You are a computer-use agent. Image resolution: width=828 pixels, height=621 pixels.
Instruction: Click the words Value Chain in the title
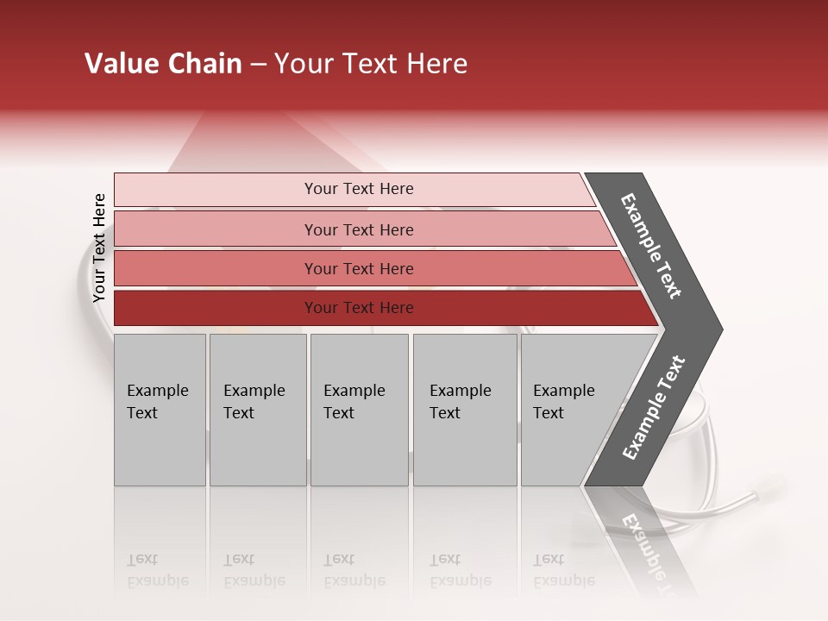[x=163, y=64]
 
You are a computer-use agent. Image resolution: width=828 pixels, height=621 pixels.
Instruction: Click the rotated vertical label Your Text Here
[x=99, y=248]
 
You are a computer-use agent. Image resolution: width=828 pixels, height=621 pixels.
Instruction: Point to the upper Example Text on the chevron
[x=651, y=247]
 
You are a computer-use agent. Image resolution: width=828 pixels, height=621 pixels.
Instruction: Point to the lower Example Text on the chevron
[x=653, y=408]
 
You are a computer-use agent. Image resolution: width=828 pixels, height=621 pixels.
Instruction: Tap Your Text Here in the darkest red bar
[x=359, y=308]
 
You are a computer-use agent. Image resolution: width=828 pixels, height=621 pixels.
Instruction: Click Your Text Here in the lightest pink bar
[x=359, y=189]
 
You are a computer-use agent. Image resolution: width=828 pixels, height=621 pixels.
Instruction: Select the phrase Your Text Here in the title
[x=371, y=64]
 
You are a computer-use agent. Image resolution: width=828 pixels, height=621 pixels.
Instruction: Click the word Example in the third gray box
[x=354, y=391]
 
